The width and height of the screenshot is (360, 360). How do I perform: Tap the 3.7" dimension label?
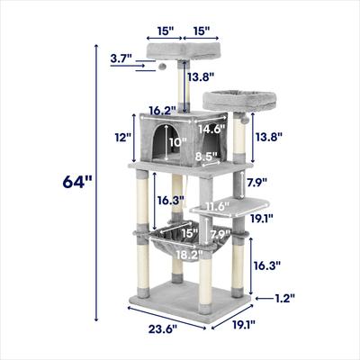121,60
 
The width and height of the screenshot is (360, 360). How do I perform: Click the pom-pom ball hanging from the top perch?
163,66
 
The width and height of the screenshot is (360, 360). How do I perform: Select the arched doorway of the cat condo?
160,144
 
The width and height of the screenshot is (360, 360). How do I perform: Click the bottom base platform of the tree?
193,297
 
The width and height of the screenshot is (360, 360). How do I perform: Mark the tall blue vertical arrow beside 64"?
94,180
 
